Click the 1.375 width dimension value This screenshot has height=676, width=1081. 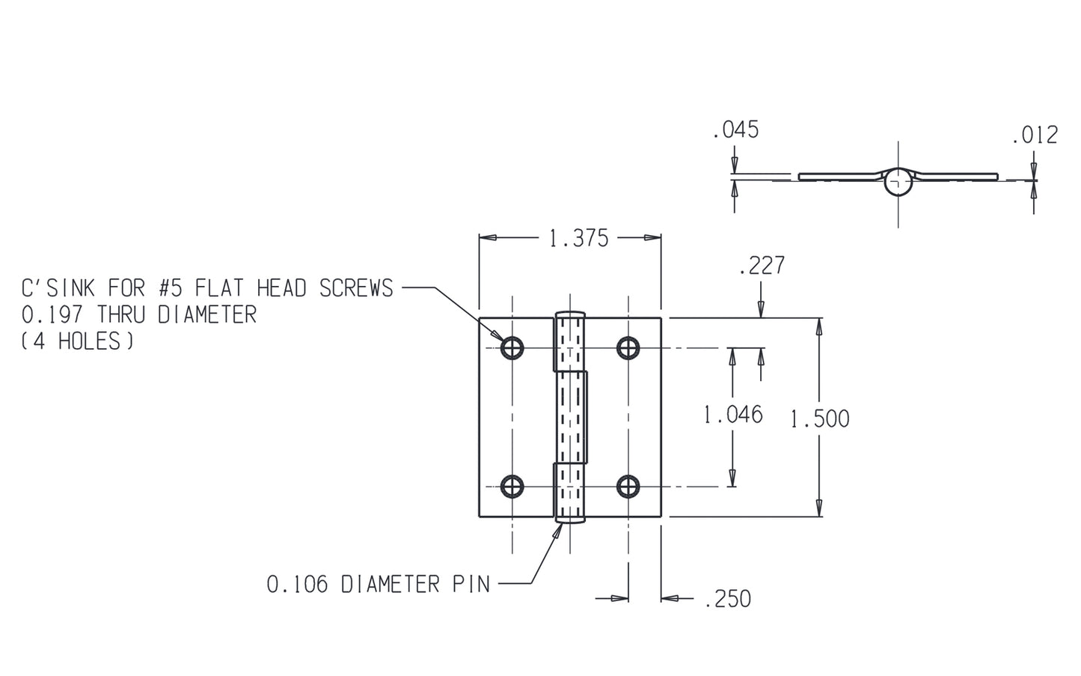[578, 239]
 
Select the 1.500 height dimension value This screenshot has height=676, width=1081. [820, 418]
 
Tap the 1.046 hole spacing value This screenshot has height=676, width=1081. [733, 414]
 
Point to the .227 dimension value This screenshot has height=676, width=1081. [762, 265]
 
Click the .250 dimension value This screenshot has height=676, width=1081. [728, 599]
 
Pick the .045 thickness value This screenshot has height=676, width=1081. [735, 130]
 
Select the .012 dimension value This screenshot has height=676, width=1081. [1035, 135]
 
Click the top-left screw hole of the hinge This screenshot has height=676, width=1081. [512, 347]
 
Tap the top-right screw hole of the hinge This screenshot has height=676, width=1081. [628, 347]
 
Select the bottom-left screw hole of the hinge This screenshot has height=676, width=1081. [512, 487]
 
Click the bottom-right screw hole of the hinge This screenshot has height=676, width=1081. [628, 487]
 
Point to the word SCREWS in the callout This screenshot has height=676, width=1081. [356, 288]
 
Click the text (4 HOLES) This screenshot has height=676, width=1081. [77, 341]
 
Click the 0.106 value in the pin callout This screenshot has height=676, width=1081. [297, 584]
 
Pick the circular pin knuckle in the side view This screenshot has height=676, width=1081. [898, 180]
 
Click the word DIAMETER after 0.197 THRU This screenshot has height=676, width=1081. [207, 314]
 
